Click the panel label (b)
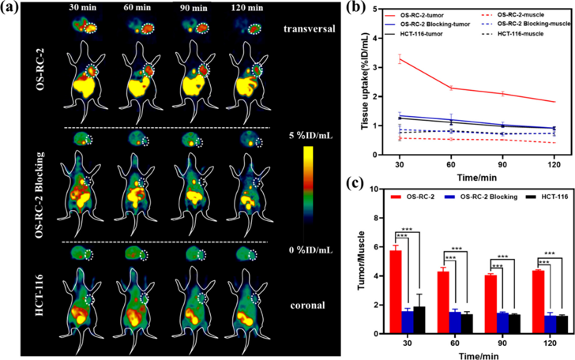(364, 9)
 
